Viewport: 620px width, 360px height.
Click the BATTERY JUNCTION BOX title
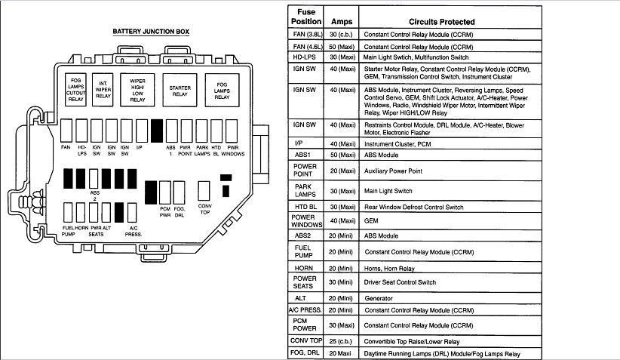click(151, 32)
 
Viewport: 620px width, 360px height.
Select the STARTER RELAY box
click(180, 88)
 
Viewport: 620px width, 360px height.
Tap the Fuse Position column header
click(305, 17)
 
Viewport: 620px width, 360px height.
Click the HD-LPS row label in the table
click(305, 57)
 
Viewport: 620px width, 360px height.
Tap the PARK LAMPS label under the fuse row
click(201, 150)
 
